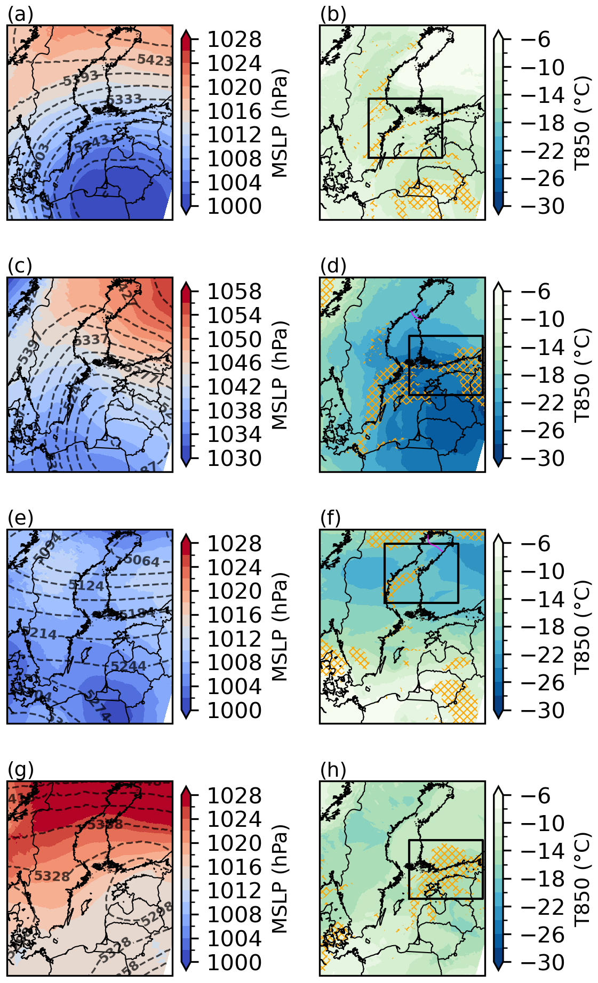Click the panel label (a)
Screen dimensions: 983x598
20,15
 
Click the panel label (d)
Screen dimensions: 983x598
333,266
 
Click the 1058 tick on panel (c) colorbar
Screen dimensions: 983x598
234,292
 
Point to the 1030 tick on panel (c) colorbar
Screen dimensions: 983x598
234,458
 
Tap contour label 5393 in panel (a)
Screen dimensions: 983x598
81,79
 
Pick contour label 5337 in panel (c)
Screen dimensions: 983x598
91,340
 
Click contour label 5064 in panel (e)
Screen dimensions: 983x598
142,560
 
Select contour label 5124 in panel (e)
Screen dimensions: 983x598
86,585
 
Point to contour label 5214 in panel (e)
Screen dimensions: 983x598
39,634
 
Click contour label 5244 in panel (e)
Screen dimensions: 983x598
129,666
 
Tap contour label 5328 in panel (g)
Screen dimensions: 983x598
52,876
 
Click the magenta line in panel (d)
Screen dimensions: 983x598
416,316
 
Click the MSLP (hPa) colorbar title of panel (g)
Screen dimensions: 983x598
280,880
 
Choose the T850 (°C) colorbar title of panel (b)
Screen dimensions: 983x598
583,123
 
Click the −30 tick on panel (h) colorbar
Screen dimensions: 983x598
543,963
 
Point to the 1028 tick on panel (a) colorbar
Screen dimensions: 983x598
234,39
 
